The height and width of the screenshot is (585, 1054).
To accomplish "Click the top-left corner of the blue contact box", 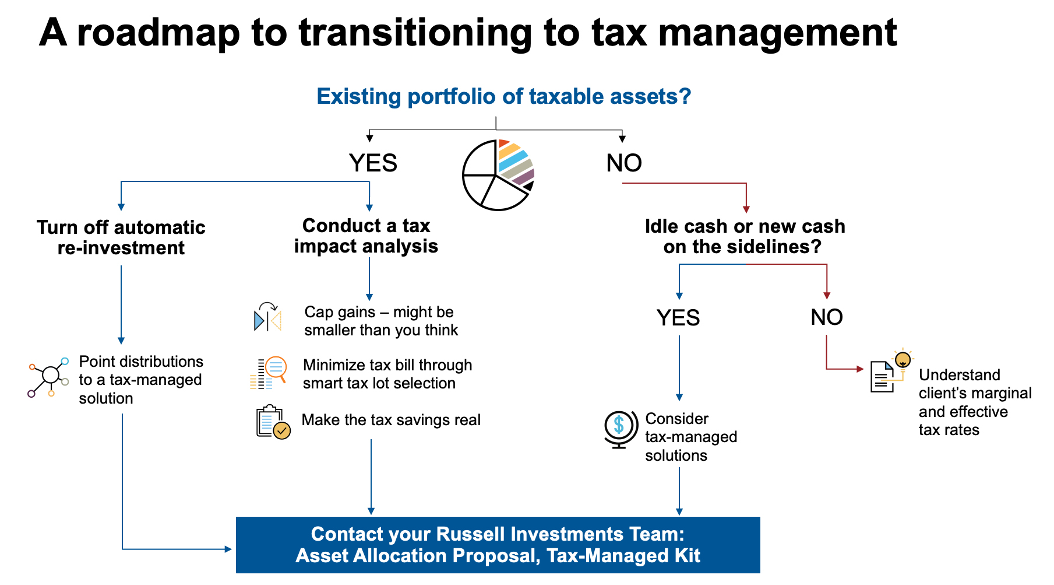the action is click(236, 517).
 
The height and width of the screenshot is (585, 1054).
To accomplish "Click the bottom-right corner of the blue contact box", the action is click(760, 573).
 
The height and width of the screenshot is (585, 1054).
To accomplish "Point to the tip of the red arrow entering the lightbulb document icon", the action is click(864, 369).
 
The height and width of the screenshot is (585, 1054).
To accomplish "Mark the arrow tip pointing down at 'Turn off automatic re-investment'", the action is click(121, 211).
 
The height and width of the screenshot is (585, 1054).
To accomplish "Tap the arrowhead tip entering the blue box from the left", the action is click(232, 549).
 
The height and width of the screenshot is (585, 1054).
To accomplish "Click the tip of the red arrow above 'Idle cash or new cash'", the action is click(746, 213).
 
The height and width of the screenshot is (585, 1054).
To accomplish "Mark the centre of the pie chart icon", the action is click(498, 175).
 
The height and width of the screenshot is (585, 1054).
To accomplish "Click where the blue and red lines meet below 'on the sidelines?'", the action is click(746, 264).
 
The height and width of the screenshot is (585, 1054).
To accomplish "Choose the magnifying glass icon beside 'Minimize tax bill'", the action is click(269, 373).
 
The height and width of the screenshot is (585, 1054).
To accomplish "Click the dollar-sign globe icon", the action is click(619, 429).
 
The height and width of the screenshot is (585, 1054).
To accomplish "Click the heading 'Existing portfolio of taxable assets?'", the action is click(503, 96).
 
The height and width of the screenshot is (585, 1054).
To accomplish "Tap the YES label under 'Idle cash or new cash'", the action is click(678, 318).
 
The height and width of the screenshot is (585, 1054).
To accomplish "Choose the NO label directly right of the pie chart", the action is click(624, 163).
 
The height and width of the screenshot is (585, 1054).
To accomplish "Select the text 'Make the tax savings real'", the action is click(391, 420).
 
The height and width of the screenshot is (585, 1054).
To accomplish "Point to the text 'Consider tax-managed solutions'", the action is click(691, 437).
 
